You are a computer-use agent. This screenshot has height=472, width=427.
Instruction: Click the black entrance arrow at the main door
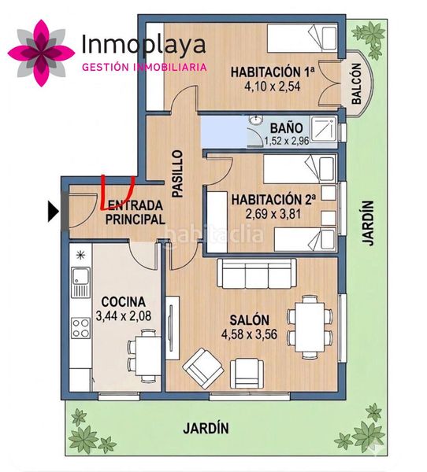tap(53, 212)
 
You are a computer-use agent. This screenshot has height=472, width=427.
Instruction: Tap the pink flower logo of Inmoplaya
tap(41, 53)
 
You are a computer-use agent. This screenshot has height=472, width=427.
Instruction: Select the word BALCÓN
tap(356, 84)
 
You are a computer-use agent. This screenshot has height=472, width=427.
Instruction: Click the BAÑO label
tap(286, 128)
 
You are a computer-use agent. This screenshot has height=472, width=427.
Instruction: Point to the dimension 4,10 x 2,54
tap(273, 87)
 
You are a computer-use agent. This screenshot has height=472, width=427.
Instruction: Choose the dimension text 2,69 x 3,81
tap(273, 214)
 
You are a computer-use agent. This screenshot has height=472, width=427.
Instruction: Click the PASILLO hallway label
tap(177, 174)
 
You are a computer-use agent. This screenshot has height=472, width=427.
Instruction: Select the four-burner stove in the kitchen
tap(81, 327)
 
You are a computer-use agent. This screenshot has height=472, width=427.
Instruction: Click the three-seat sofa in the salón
tap(257, 273)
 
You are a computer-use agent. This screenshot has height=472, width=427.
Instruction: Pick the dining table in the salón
tap(310, 327)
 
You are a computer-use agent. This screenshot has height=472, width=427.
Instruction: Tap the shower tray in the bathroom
tap(323, 130)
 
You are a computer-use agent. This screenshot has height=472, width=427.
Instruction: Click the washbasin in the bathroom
tap(256, 120)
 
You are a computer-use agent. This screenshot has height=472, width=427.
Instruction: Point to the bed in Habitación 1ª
tap(302, 39)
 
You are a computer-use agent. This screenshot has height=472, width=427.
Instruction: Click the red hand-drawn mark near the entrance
tap(117, 192)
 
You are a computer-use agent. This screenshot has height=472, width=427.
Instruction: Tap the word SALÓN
tap(250, 320)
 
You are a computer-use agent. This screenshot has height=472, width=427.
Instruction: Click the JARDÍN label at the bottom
tap(206, 428)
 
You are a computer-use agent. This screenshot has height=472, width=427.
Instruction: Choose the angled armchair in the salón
tap(203, 369)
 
